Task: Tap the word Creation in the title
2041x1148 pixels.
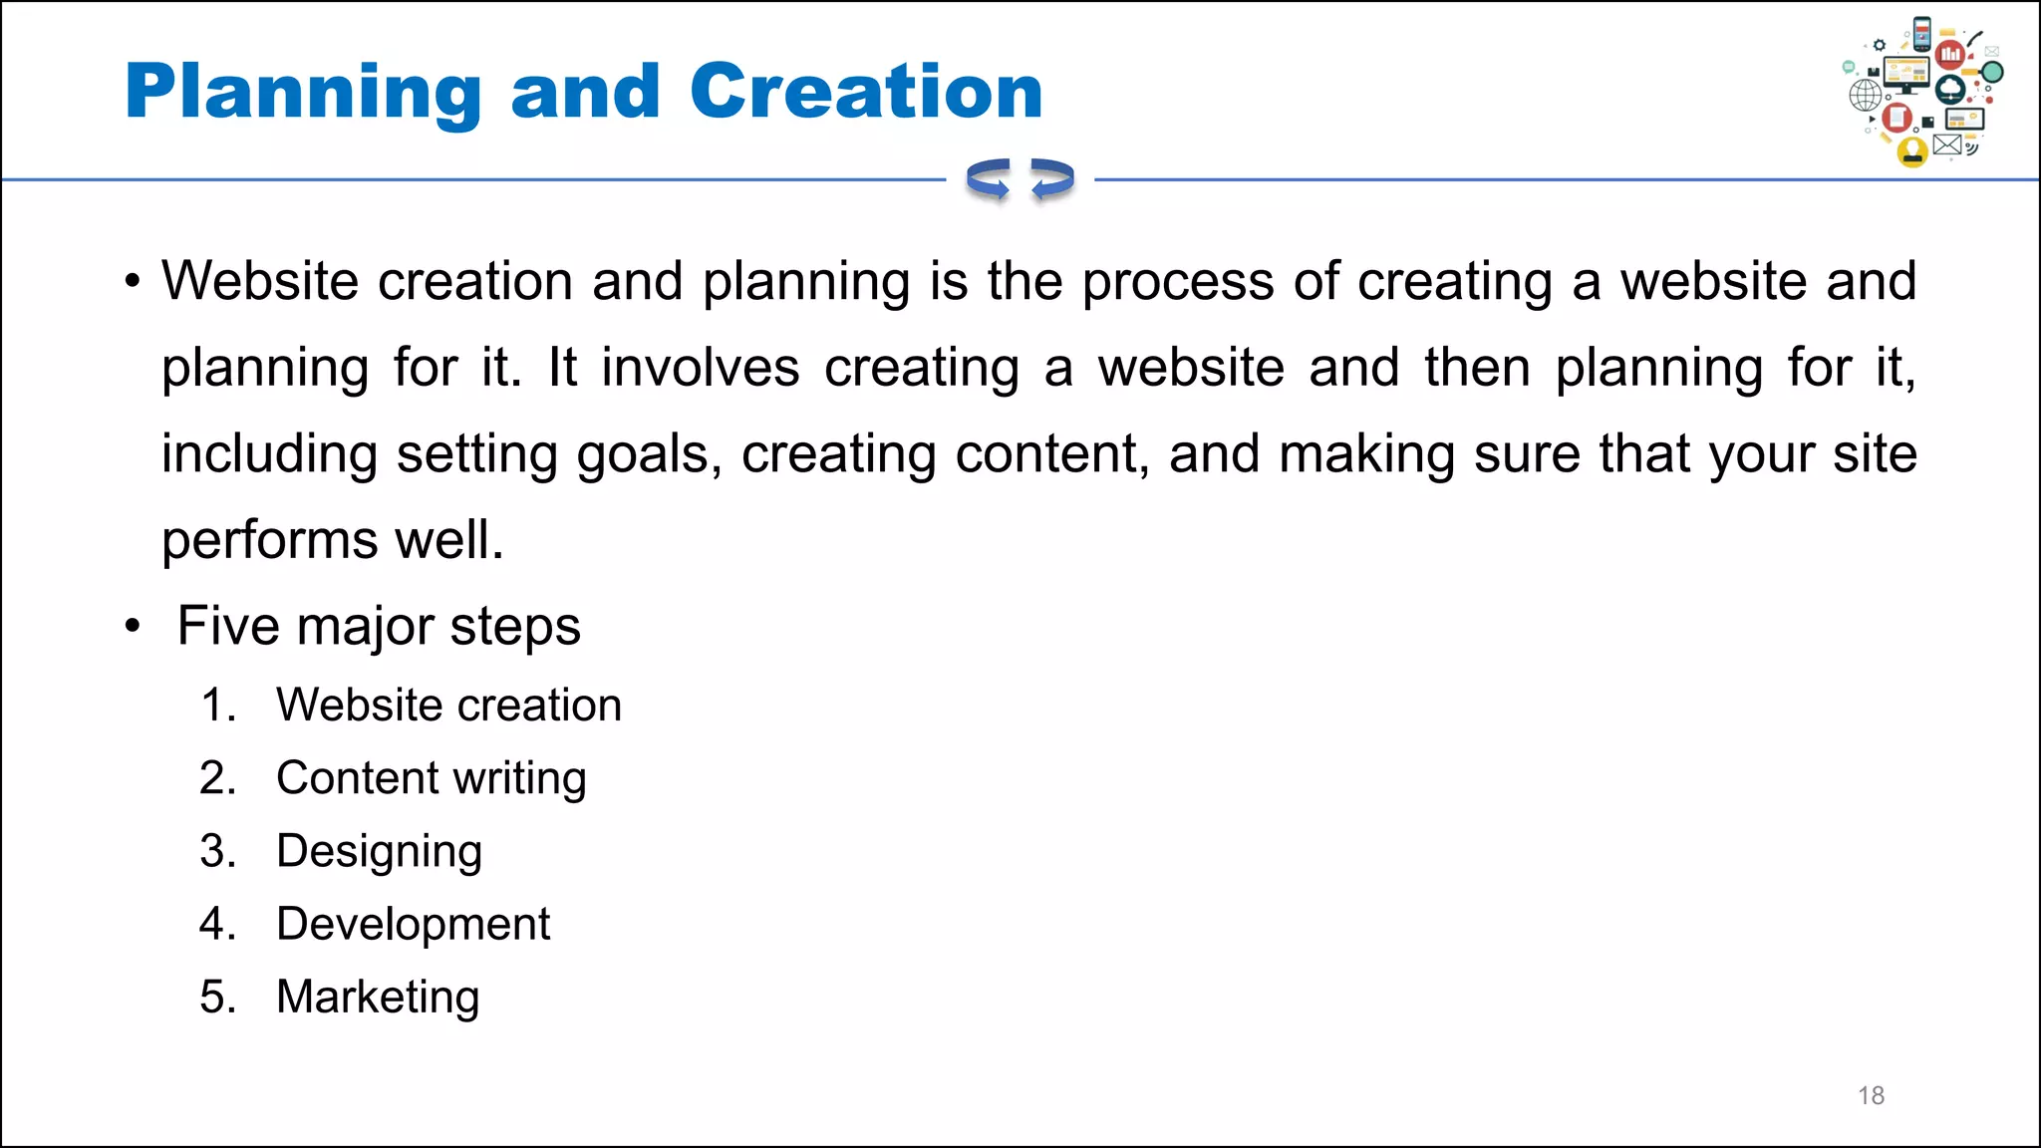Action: pyautogui.click(x=865, y=91)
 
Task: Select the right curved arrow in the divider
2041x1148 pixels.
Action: pyautogui.click(x=1052, y=179)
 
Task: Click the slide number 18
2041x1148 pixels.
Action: pyautogui.click(x=1871, y=1095)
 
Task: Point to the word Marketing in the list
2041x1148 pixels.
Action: pyautogui.click(x=378, y=997)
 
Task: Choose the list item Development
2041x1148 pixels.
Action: pyautogui.click(x=413, y=924)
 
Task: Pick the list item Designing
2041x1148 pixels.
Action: pyautogui.click(x=379, y=851)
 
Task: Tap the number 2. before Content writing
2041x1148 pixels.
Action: pyautogui.click(x=217, y=778)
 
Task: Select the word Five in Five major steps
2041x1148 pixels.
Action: pyautogui.click(x=228, y=626)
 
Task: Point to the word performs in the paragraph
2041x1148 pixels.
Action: pyautogui.click(x=269, y=540)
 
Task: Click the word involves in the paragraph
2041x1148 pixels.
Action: pyautogui.click(x=700, y=368)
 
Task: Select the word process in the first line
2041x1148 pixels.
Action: pyautogui.click(x=1178, y=281)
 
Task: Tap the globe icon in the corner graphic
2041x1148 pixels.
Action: pyautogui.click(x=1866, y=96)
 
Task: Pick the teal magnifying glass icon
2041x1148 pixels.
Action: pyautogui.click(x=1991, y=74)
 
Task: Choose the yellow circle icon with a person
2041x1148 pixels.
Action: pyautogui.click(x=1912, y=151)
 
